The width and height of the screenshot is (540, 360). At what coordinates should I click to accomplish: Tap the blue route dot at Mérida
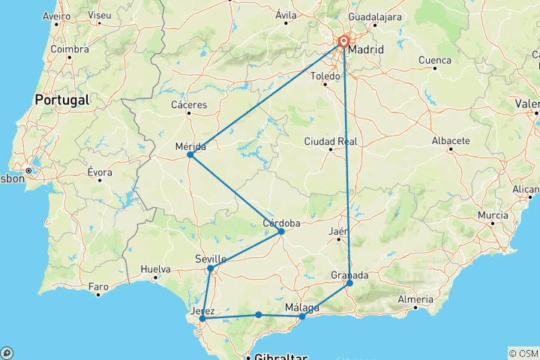coord(190,154)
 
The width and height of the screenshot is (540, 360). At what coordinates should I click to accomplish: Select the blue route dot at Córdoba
coord(281,232)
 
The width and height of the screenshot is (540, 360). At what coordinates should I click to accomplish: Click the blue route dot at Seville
coord(211,268)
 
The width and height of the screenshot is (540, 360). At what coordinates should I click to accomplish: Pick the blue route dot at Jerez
coord(202,319)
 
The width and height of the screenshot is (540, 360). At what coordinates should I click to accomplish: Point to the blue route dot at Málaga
coord(302,316)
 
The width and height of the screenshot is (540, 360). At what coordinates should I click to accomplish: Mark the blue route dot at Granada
coord(349,283)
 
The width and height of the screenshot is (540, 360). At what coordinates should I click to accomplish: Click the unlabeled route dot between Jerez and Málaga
coord(259,315)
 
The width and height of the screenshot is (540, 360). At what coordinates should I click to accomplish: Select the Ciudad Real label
coord(331,141)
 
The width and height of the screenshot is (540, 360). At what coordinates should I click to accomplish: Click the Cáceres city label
coord(189,105)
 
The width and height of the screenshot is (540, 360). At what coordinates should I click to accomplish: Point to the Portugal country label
coord(61,99)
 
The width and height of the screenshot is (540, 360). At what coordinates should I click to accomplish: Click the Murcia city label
coord(493,215)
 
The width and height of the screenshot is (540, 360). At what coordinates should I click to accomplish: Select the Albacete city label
coord(451,140)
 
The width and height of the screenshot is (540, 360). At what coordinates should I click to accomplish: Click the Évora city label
coord(100,172)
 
